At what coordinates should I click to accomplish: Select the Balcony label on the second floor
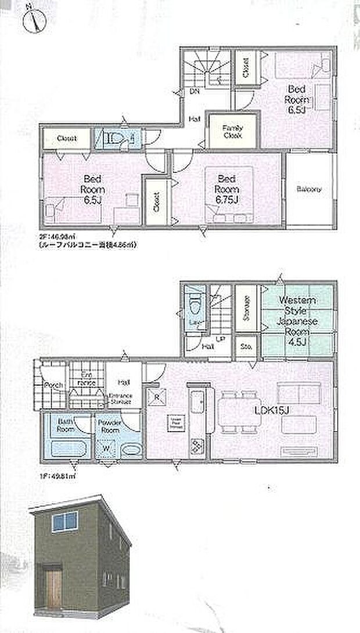pos(308,189)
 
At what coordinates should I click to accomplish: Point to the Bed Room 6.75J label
pos(227,189)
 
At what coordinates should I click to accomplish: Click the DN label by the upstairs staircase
pos(195,91)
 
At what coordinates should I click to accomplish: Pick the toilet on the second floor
pos(115,138)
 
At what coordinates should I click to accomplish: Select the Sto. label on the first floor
pos(245,348)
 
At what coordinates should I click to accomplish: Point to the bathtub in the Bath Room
pos(69,448)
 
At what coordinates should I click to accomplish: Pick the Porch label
pos(54,385)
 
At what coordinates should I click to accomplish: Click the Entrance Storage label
pos(120,398)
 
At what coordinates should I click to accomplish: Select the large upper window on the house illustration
pos(64,522)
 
